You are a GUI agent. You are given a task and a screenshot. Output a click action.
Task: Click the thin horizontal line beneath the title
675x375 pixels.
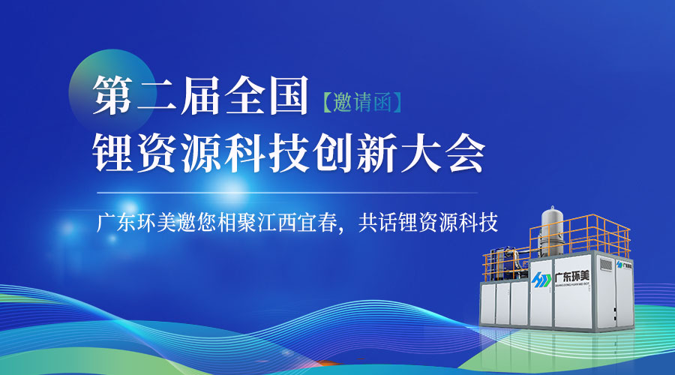[285, 193]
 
